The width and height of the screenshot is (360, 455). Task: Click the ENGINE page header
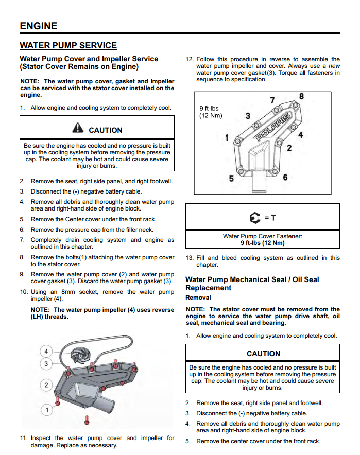pos(39,26)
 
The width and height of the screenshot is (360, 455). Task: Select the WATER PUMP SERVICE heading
pos(68,46)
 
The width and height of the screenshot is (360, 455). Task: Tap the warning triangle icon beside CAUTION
pos(78,129)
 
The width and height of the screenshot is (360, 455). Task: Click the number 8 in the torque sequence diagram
pos(301,96)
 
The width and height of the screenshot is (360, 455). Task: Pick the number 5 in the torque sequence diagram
pos(231,179)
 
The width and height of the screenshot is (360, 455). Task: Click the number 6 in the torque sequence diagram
pos(285,178)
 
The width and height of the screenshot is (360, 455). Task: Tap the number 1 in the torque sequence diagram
pos(227,137)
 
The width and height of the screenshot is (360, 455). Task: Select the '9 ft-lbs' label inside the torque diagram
pos(209,109)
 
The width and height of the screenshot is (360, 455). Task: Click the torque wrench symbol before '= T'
pos(255,218)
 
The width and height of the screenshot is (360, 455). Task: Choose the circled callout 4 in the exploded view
pos(46,352)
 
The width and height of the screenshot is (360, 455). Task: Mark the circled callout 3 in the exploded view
pos(46,364)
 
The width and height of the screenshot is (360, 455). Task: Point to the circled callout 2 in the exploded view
pos(46,385)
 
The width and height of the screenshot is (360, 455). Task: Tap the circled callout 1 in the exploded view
pos(47,410)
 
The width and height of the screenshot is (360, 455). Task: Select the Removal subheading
pos(198,297)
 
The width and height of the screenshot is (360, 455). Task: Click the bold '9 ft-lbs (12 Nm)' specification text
pos(262,243)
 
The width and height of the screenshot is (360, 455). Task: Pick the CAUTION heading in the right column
pos(263,354)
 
